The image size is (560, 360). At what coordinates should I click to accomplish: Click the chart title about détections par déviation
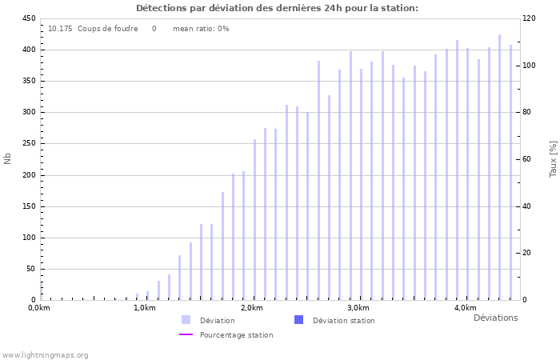click(x=277, y=8)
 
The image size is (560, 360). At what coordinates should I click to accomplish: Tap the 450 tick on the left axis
click(x=28, y=18)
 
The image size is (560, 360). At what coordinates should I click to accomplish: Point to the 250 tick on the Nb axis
click(x=28, y=144)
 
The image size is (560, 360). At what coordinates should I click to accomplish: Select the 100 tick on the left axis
click(x=28, y=238)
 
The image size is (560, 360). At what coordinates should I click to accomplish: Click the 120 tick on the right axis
click(x=529, y=18)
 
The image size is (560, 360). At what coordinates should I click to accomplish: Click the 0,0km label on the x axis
click(x=39, y=308)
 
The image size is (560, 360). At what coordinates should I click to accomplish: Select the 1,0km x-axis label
click(x=145, y=308)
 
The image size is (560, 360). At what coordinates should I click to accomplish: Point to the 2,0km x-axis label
click(x=251, y=308)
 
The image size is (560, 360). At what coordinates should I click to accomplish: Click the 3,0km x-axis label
click(x=358, y=308)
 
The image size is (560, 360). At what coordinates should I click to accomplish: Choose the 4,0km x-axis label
click(x=465, y=308)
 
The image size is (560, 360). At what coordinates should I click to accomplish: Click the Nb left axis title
click(x=8, y=158)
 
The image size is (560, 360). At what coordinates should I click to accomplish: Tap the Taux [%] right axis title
click(x=553, y=158)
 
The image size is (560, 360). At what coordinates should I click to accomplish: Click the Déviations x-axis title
click(x=495, y=318)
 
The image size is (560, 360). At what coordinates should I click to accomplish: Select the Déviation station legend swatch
click(x=298, y=320)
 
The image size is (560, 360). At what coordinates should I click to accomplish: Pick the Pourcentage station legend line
click(x=186, y=334)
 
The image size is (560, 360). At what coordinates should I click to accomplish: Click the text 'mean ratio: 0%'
click(x=201, y=29)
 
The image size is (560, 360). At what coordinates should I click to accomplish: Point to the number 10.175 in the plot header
click(x=60, y=29)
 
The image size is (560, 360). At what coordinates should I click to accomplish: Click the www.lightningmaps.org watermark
click(x=45, y=354)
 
